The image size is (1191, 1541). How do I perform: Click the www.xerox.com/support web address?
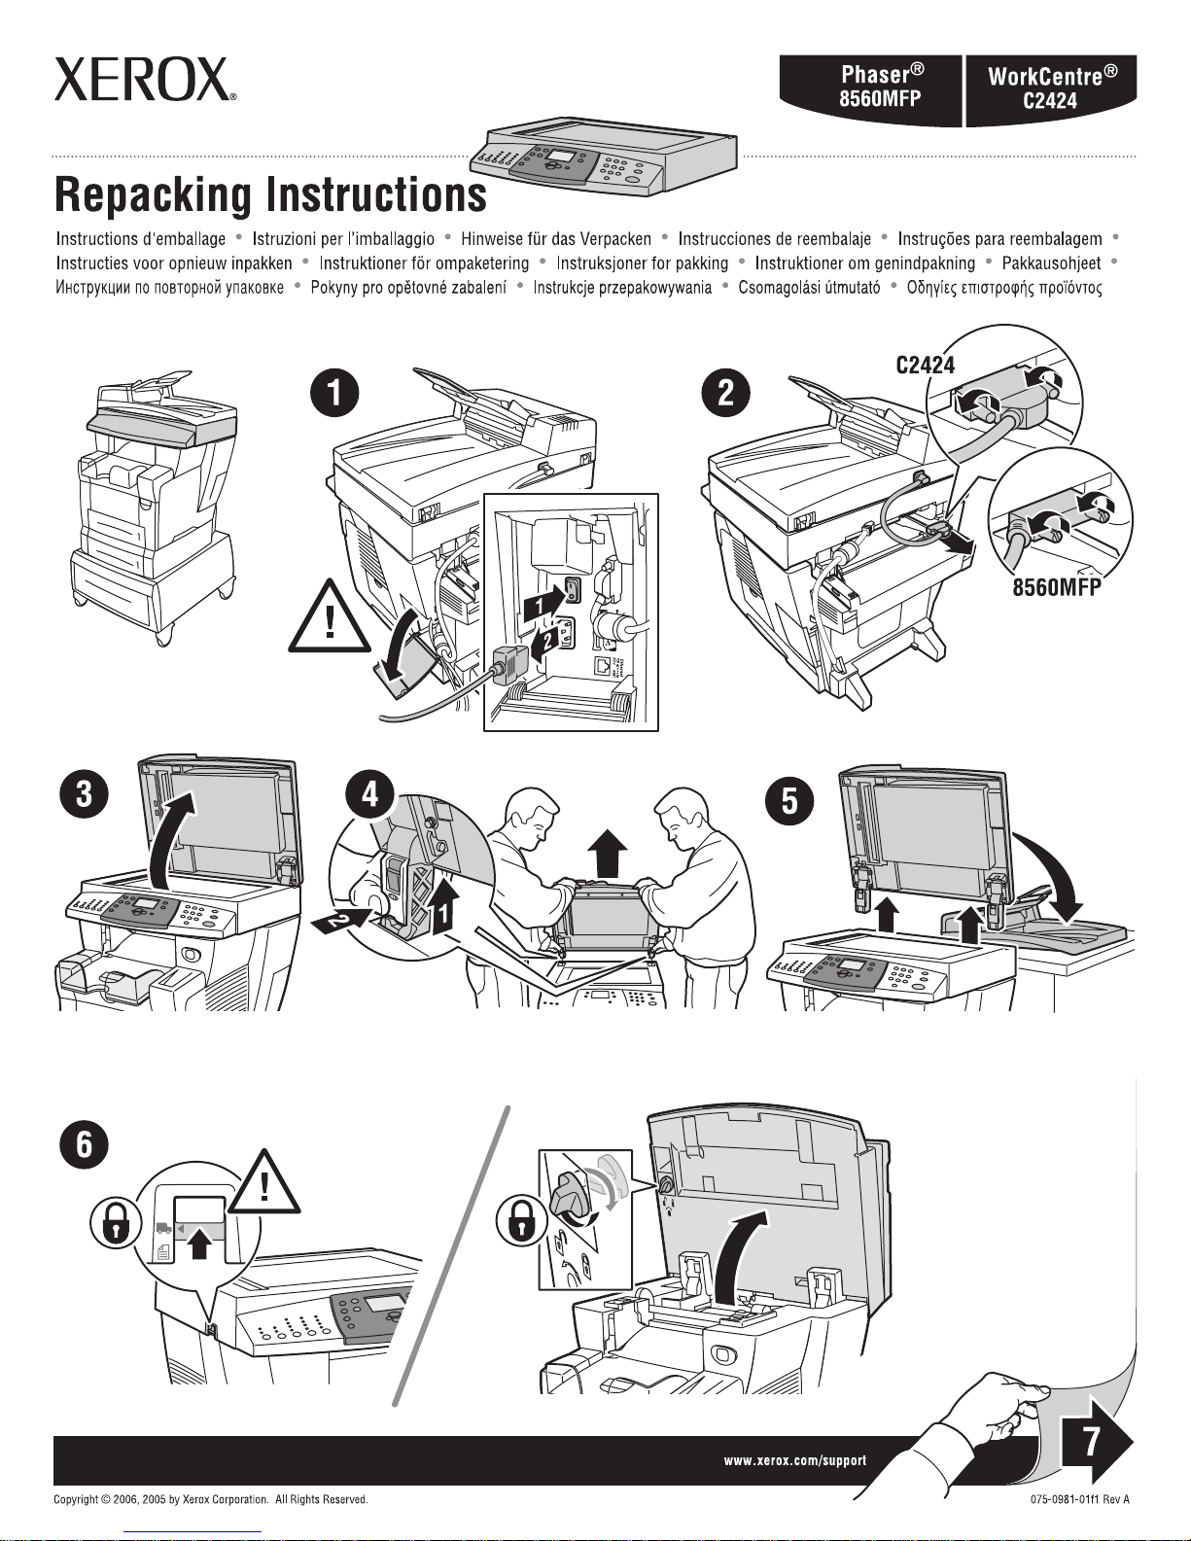click(x=794, y=1460)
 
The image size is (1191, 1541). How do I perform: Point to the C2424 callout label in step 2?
click(x=925, y=366)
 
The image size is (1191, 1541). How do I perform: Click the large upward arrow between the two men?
click(x=609, y=853)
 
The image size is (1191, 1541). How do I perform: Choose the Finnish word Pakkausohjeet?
click(x=1051, y=263)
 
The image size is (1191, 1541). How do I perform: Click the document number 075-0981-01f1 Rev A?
click(x=1079, y=1526)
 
